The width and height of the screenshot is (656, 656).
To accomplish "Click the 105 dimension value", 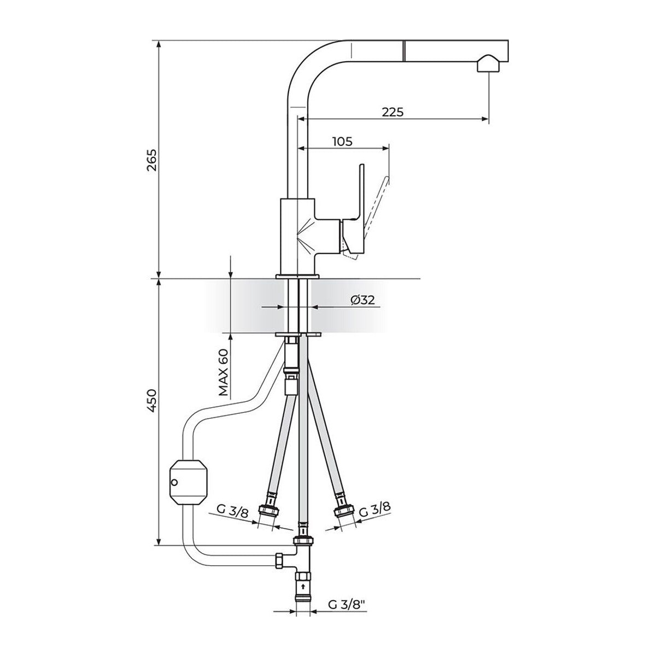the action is tap(342, 141).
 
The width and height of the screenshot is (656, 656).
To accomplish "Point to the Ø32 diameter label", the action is tap(362, 300).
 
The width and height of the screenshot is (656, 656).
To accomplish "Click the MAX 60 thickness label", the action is tap(224, 372).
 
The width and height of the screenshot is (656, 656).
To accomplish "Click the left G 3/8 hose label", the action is tap(232, 519).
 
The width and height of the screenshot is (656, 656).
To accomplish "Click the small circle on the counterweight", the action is tap(174, 482).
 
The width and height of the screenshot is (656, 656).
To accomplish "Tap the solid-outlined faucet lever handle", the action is tap(353, 211).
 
